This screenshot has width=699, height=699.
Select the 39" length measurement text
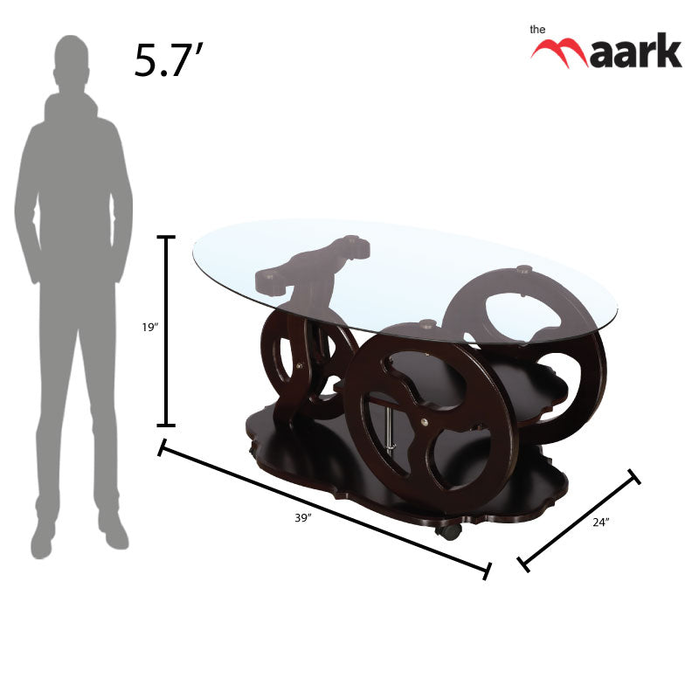click(x=302, y=518)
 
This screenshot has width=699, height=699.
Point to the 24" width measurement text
click(x=600, y=522)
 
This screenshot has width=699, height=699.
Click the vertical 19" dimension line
click(x=166, y=332)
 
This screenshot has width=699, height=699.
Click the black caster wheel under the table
click(x=448, y=530)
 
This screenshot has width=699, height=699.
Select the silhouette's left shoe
click(x=43, y=538)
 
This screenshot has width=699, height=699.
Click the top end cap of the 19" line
click(x=166, y=237)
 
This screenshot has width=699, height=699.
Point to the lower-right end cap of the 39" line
click(x=487, y=571)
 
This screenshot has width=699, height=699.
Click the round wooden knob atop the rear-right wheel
click(x=523, y=269)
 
